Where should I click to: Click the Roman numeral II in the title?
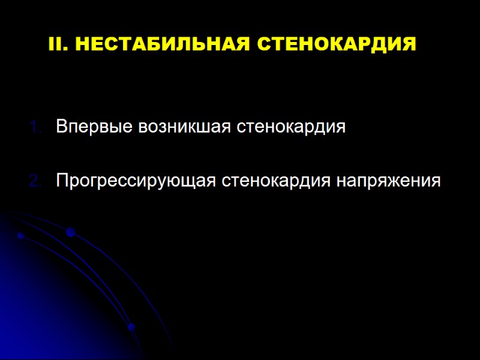pos(55,44)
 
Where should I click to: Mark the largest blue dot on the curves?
pos(70,232)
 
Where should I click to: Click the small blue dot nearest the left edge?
pos(20,236)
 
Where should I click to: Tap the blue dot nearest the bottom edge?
pos(131,327)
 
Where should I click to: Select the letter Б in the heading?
pos(137,44)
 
